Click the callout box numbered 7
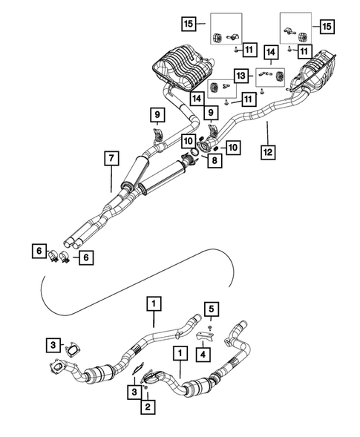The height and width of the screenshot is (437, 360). tap(111, 157)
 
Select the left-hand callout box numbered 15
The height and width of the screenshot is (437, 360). tap(190, 24)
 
